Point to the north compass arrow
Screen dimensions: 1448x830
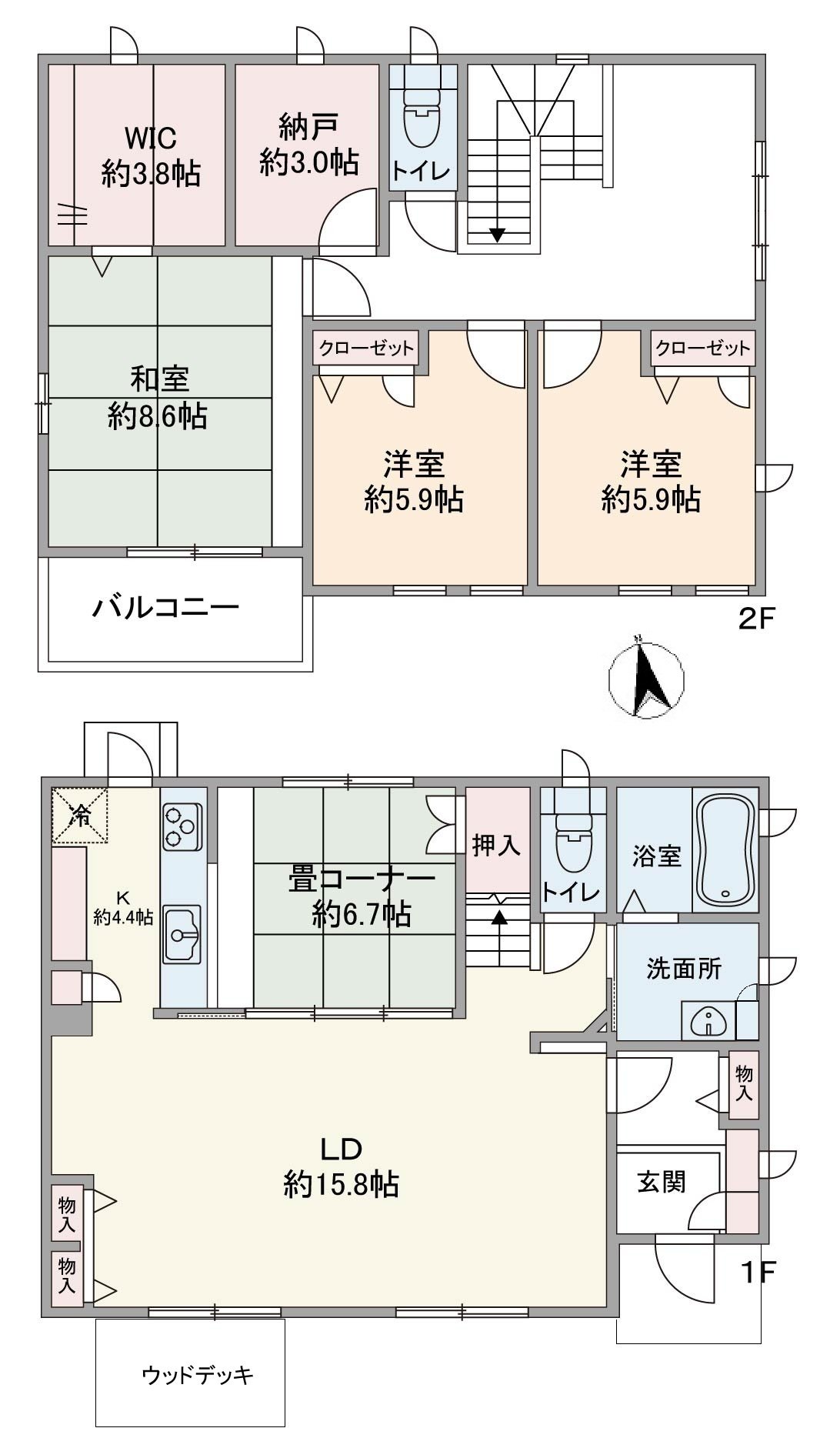(x=648, y=678)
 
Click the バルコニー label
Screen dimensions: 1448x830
(x=166, y=609)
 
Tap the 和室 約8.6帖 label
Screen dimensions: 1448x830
(x=158, y=397)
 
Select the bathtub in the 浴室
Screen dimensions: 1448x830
(x=725, y=849)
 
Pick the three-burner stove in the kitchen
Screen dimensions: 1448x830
(x=182, y=826)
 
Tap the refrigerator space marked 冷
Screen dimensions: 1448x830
(x=80, y=816)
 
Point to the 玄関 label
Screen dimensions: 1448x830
(x=662, y=1181)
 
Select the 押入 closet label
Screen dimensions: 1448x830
(x=496, y=845)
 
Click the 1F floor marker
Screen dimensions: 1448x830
(x=757, y=1273)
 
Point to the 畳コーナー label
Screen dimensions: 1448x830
(x=362, y=879)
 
